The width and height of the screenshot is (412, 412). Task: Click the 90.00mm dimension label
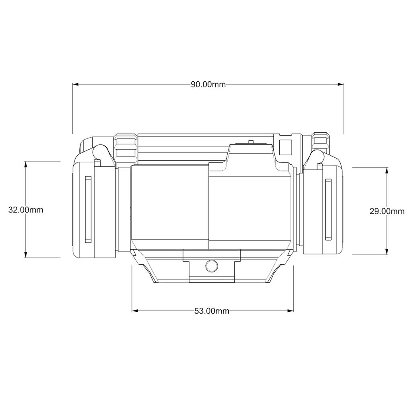208,84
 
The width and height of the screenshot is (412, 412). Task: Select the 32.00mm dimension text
26,210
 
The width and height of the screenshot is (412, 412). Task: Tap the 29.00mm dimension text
387,211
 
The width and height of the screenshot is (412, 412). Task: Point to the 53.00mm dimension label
212,311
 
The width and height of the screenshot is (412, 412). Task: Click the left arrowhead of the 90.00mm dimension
76,84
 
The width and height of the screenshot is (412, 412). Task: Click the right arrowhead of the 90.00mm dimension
341,84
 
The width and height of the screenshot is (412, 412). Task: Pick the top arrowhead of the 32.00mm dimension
26,164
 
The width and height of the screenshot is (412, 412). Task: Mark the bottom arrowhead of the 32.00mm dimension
26,255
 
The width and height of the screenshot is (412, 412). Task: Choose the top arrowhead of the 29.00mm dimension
387,171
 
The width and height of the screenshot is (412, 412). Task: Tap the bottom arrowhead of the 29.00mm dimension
387,251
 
